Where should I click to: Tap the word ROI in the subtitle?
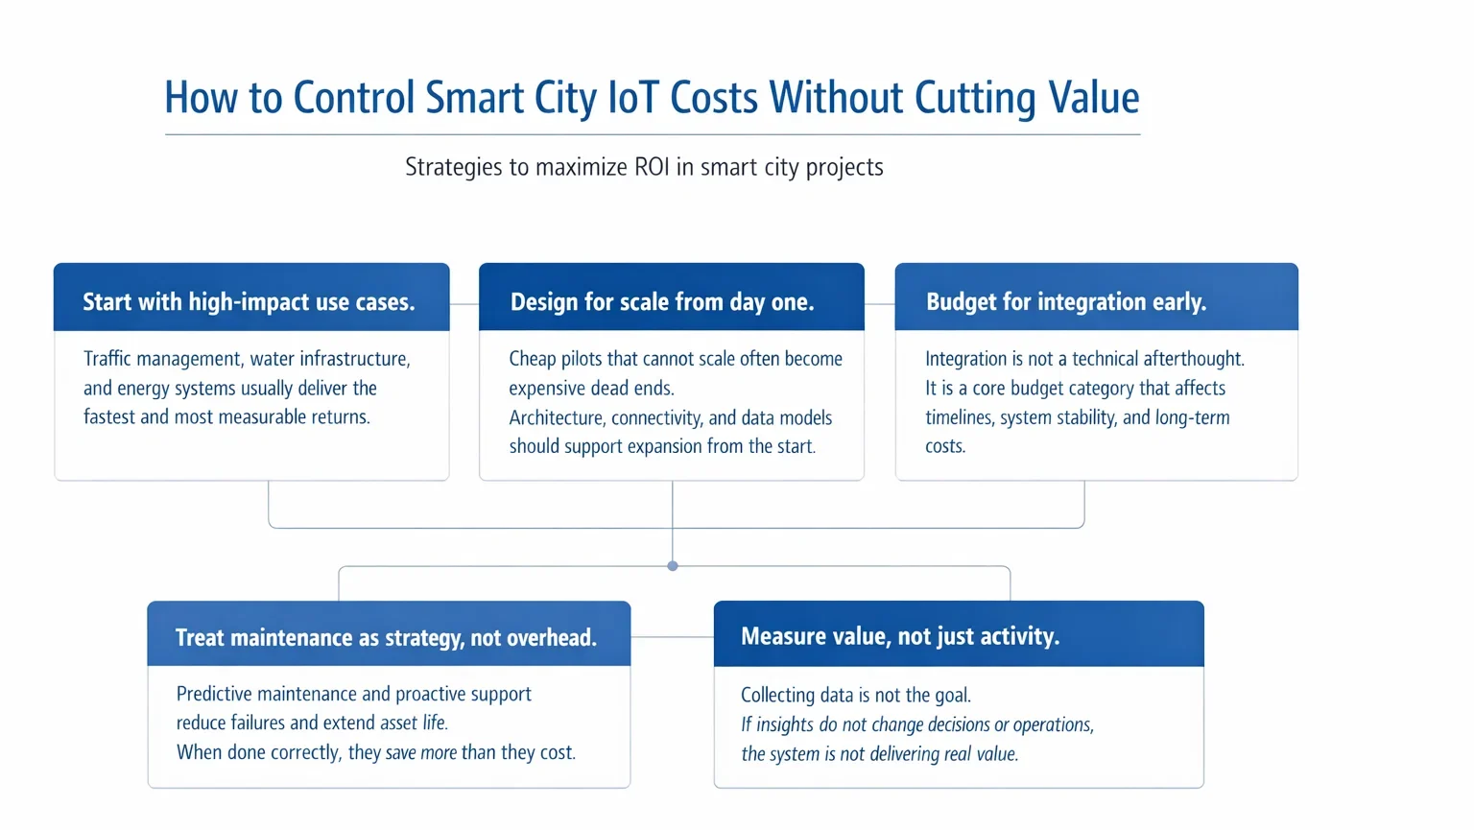tap(651, 167)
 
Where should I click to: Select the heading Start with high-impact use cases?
tap(249, 301)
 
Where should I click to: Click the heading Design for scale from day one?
tap(662, 301)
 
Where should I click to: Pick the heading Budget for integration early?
tap(1066, 301)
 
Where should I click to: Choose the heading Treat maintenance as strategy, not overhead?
tap(387, 637)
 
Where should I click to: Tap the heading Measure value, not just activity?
tap(900, 636)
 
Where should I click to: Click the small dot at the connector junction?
tap(673, 566)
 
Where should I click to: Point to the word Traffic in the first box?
tap(107, 359)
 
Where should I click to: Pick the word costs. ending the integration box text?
tap(945, 446)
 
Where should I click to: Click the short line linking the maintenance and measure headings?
tap(672, 636)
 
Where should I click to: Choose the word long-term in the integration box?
tap(1193, 417)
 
